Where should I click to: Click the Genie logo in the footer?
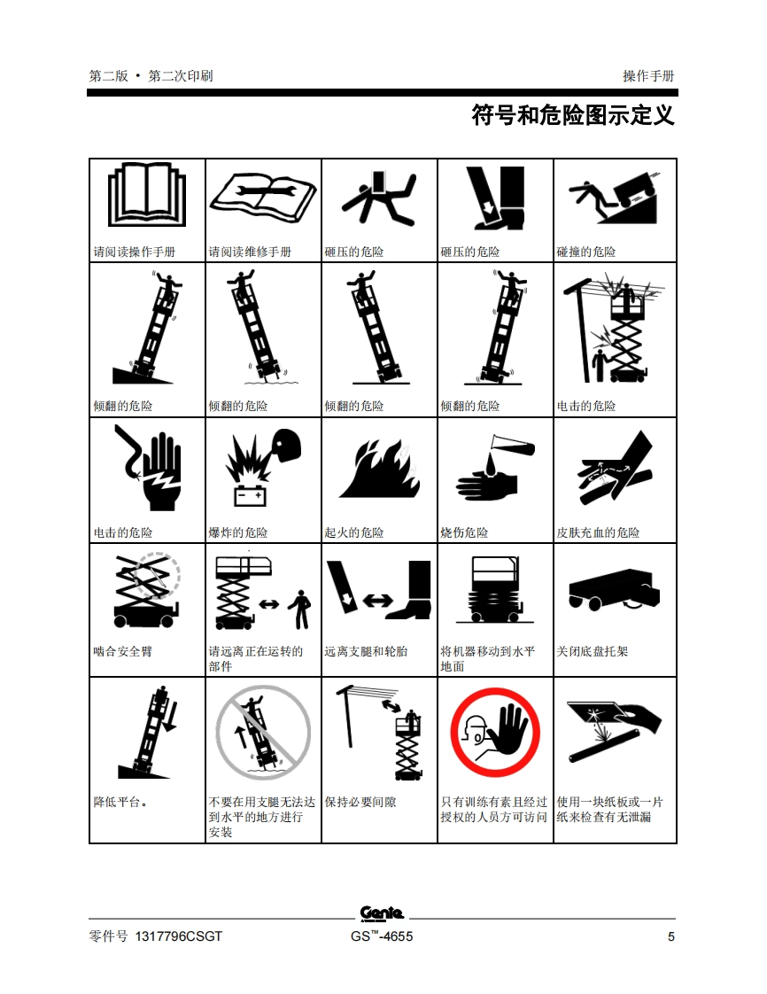pyautogui.click(x=382, y=912)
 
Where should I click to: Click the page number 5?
pyautogui.click(x=670, y=936)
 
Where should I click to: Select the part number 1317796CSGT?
pyautogui.click(x=179, y=936)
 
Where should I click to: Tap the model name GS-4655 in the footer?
pyautogui.click(x=382, y=936)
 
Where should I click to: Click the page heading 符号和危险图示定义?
pyautogui.click(x=573, y=115)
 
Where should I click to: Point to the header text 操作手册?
pyautogui.click(x=648, y=76)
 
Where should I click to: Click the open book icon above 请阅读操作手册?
pyautogui.click(x=147, y=195)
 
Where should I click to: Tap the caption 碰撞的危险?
pyautogui.click(x=586, y=252)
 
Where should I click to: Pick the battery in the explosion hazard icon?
pyautogui.click(x=251, y=496)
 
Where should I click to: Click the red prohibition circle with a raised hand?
pyautogui.click(x=495, y=732)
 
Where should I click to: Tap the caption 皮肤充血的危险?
pyautogui.click(x=599, y=532)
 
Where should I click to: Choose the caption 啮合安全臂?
pyautogui.click(x=123, y=651)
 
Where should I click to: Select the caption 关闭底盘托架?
pyautogui.click(x=592, y=651)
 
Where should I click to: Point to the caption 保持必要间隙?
pyautogui.click(x=360, y=802)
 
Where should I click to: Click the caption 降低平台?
pyautogui.click(x=120, y=802)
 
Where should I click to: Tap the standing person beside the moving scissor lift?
pyautogui.click(x=300, y=610)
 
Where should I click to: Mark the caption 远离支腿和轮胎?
pyautogui.click(x=367, y=651)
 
